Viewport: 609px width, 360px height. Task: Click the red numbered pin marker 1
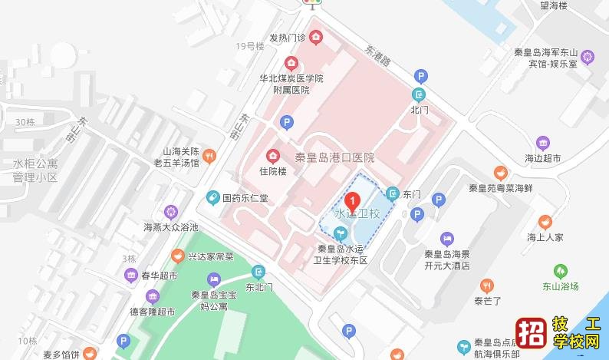click(353, 200)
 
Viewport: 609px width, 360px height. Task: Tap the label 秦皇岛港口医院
click(335, 157)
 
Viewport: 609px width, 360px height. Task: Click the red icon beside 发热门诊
click(316, 37)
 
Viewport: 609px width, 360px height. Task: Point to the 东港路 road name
click(377, 54)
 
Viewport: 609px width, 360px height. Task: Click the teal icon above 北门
click(419, 95)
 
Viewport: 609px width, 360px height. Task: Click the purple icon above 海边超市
click(543, 143)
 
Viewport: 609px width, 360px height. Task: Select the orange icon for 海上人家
click(545, 222)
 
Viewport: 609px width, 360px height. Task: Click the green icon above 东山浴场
click(562, 271)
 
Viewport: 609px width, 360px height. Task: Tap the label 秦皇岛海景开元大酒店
click(459, 259)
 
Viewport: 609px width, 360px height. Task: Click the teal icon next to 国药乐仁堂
click(212, 198)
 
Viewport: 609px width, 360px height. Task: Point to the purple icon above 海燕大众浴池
click(171, 212)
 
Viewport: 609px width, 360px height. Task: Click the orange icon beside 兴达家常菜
click(178, 256)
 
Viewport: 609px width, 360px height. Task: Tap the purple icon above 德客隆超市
click(152, 296)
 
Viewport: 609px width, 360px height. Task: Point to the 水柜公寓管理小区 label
click(35, 170)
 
